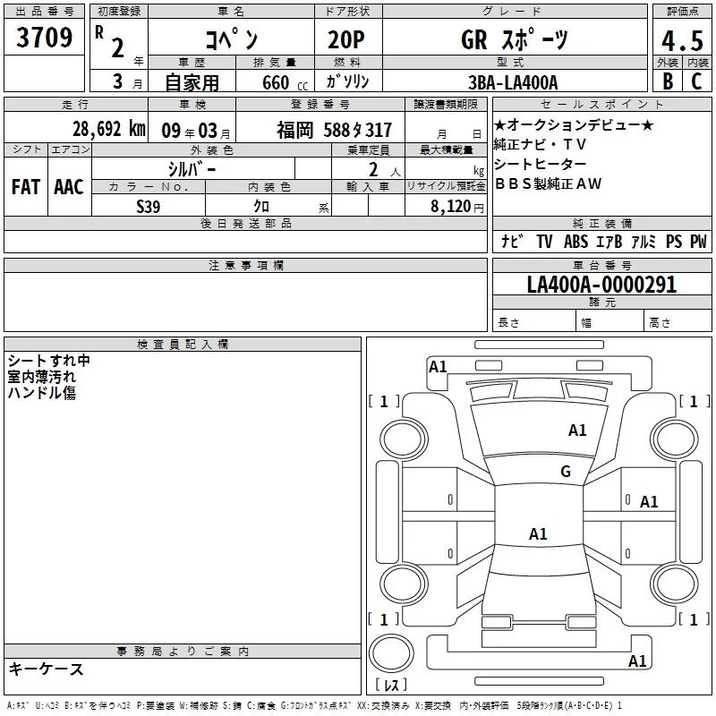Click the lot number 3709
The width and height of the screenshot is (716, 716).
tap(44, 38)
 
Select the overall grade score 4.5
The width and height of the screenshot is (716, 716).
tap(682, 40)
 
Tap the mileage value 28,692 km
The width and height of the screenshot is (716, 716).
tap(108, 129)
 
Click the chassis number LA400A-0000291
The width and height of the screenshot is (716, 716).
tap(601, 285)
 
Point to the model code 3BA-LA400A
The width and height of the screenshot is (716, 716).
tap(513, 82)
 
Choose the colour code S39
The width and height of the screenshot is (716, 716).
tap(149, 207)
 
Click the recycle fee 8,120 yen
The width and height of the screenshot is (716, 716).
tap(457, 207)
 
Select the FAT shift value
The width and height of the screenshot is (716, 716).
tap(26, 187)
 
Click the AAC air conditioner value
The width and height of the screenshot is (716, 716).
tap(69, 187)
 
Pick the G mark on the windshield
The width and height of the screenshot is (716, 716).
tap(566, 472)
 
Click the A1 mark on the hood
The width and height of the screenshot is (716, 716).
tap(577, 430)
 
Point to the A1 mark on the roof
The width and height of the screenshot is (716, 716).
tap(538, 533)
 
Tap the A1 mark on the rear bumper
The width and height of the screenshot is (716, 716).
tap(637, 661)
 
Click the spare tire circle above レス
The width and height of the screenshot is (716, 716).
tap(391, 653)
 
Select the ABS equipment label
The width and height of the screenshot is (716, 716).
tap(575, 242)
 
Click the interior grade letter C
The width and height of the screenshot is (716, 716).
tap(696, 81)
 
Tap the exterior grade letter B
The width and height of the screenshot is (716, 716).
tap(668, 81)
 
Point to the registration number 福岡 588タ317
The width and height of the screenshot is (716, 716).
tap(334, 131)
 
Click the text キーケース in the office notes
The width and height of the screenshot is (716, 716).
tap(47, 669)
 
